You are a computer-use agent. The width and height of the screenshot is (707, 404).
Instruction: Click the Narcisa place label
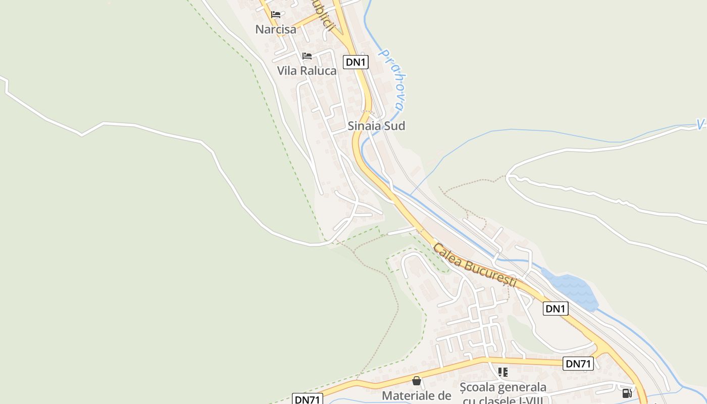click(275, 29)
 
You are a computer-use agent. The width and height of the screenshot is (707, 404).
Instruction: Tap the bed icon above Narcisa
click(275, 14)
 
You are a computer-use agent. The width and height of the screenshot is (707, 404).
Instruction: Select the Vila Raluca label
click(307, 71)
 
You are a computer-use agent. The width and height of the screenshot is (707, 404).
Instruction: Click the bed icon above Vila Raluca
click(307, 56)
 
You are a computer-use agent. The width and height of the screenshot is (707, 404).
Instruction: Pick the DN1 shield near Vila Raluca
click(356, 62)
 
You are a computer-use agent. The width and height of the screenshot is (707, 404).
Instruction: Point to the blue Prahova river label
click(393, 80)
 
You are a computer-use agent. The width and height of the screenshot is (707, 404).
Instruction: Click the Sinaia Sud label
click(376, 126)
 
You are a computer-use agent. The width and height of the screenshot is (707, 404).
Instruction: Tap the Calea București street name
click(475, 266)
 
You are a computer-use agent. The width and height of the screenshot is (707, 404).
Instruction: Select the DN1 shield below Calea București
click(555, 309)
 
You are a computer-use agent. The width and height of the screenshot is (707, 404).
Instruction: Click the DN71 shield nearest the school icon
click(578, 364)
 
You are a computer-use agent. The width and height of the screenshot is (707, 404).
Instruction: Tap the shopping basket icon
click(417, 380)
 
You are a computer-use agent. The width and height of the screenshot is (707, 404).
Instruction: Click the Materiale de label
click(416, 395)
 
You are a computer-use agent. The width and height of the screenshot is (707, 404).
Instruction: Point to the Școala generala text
click(502, 387)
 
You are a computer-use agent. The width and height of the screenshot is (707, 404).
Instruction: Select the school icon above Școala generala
click(502, 372)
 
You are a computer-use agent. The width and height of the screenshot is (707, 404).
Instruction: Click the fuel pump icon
click(627, 393)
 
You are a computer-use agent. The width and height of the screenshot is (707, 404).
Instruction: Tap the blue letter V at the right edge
click(700, 124)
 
